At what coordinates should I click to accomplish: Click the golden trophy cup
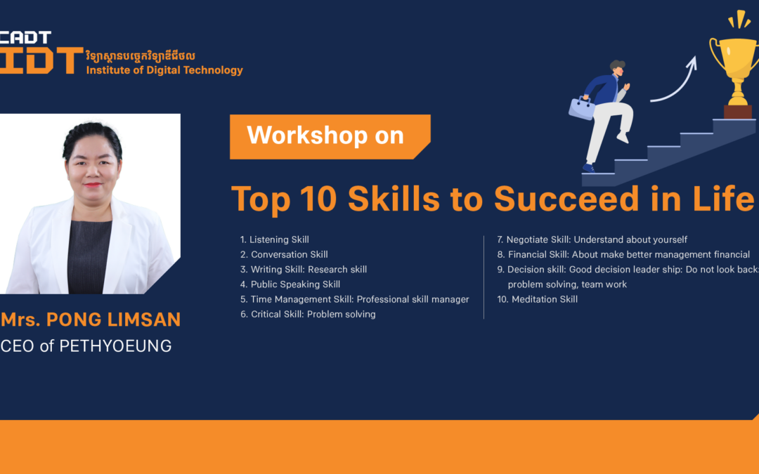coord(737,67)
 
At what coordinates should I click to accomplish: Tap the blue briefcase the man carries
coord(581,108)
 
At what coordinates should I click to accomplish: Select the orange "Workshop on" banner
coord(330,137)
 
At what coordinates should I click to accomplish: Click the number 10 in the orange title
coord(318,198)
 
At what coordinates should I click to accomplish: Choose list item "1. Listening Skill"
coord(275,239)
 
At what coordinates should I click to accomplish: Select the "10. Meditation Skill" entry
coord(538,299)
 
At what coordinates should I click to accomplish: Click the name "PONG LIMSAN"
coord(113,320)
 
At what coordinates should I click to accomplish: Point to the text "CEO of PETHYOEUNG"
coord(86,346)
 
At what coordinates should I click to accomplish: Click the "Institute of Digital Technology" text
coord(164,70)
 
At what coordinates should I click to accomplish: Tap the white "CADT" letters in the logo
coord(25,37)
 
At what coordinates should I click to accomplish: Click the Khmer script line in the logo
coord(141,56)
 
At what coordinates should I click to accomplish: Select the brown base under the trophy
coord(738,112)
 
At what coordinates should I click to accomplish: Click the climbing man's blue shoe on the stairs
coord(588,168)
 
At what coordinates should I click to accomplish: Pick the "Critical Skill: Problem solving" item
coord(308,315)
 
